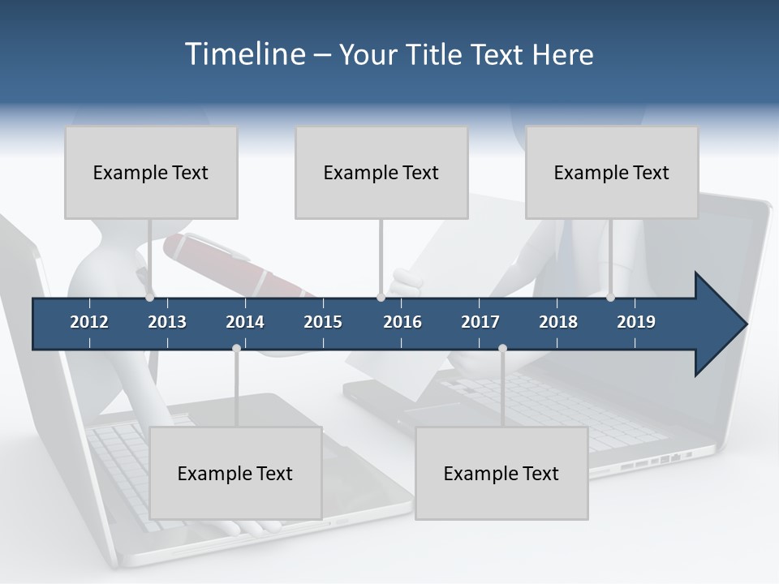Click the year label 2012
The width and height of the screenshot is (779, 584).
(x=89, y=322)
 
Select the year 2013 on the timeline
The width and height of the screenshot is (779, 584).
(x=167, y=322)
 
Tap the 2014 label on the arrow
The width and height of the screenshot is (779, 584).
(x=245, y=322)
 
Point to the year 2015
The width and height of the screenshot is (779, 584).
(x=323, y=322)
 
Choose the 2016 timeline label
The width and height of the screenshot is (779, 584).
(x=402, y=322)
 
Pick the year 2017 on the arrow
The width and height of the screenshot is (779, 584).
(x=480, y=322)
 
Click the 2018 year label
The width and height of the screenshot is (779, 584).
(x=558, y=322)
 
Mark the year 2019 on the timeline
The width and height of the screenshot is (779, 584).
(x=636, y=322)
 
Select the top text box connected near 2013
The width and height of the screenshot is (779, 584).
(x=151, y=173)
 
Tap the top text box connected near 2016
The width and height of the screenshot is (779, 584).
(x=381, y=173)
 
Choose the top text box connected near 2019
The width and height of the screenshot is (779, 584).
(x=612, y=173)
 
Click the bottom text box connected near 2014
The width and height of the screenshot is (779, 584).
(x=235, y=474)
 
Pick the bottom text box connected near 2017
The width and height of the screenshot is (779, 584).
(x=501, y=474)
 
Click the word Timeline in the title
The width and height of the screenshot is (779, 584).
(x=245, y=54)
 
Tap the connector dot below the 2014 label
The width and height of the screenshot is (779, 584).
(x=236, y=348)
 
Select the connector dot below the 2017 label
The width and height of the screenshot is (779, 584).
(x=502, y=348)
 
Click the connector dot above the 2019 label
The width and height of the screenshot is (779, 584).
(x=610, y=298)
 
